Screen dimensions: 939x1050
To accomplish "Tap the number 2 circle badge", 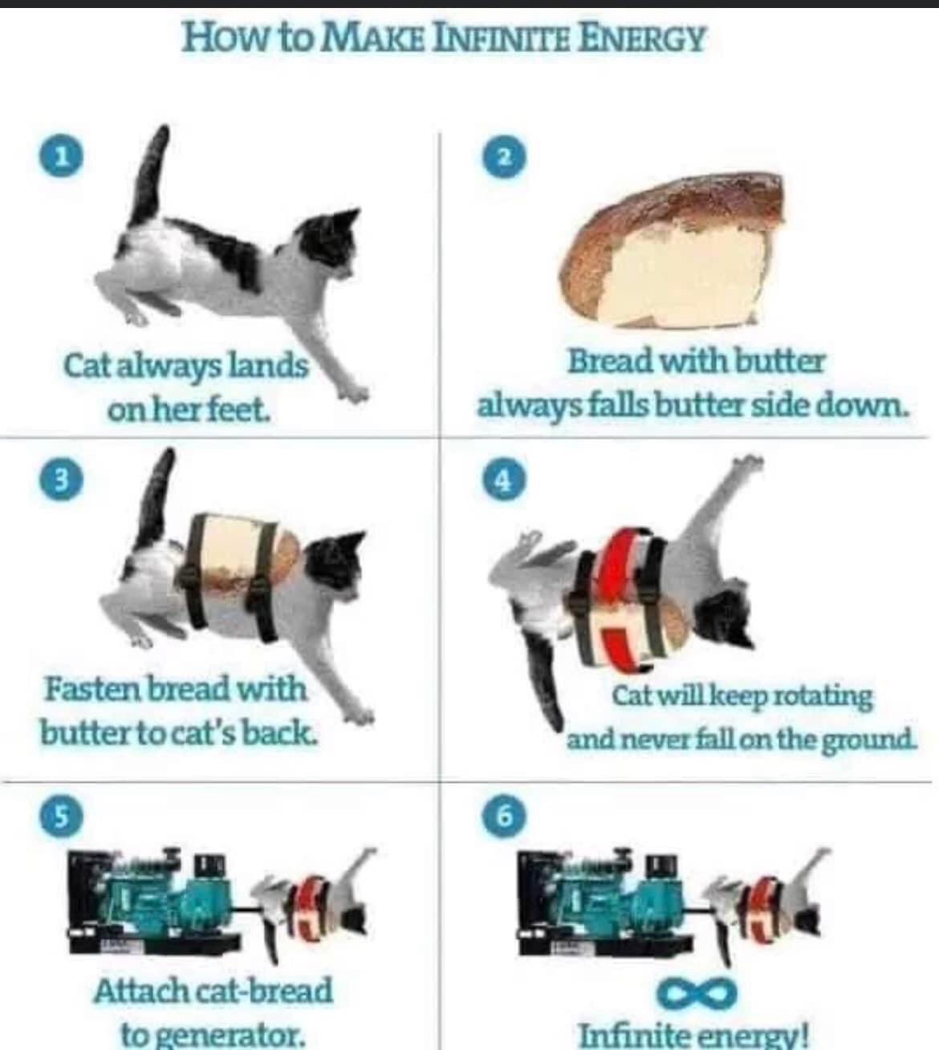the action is tap(505, 156).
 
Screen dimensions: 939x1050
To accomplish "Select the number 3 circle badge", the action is tap(62, 480).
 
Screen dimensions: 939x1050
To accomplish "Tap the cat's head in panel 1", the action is tap(327, 244).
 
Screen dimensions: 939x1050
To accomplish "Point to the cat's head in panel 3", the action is tap(335, 562).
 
